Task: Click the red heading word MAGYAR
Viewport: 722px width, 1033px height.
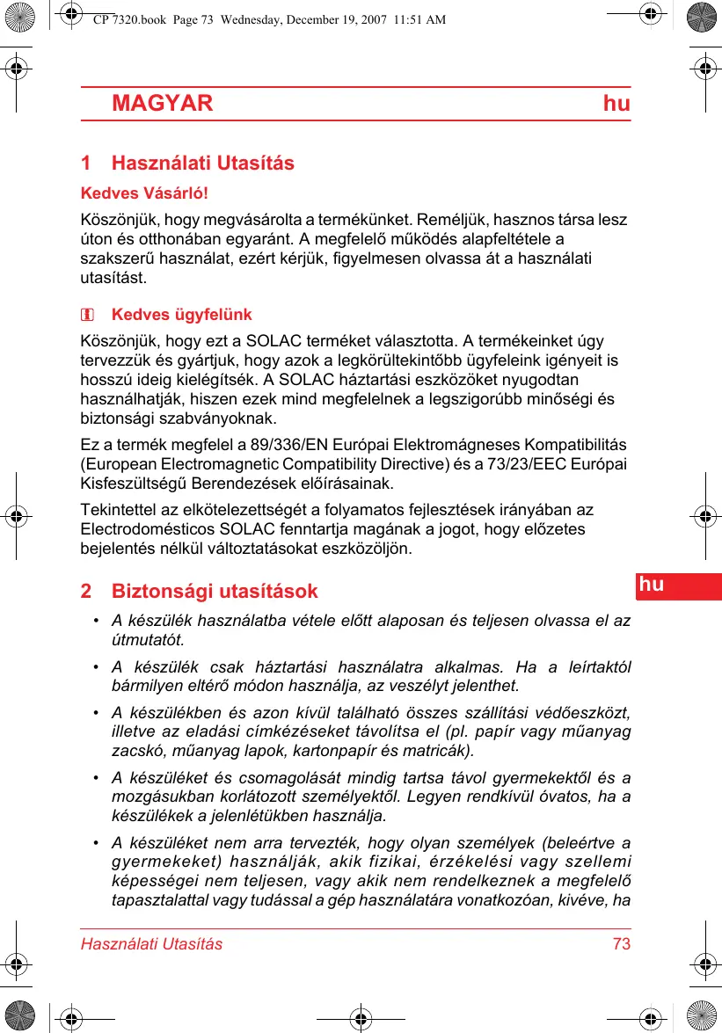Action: point(163,104)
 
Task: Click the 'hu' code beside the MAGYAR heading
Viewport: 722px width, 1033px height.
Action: point(616,104)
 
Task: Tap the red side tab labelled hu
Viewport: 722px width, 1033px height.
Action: point(652,585)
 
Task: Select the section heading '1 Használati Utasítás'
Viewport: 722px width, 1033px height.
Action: point(187,164)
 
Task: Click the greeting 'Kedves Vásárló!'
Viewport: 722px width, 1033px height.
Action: point(144,193)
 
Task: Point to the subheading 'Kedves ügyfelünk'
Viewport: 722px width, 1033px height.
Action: point(181,315)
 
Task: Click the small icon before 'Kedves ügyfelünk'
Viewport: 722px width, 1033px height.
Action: point(88,316)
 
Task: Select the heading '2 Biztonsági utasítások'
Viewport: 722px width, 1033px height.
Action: point(199,591)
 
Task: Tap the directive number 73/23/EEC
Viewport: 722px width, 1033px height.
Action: point(534,464)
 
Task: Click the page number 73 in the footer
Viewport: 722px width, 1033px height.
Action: point(622,944)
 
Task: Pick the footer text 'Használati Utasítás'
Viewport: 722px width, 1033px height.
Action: point(151,944)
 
